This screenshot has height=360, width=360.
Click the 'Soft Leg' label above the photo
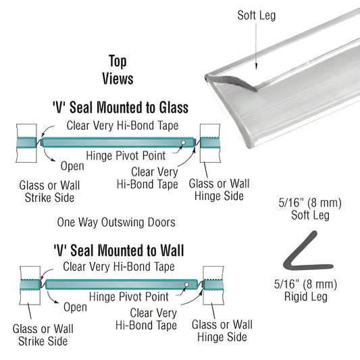pyautogui.click(x=257, y=16)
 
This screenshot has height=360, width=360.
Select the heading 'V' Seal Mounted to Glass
pyautogui.click(x=120, y=108)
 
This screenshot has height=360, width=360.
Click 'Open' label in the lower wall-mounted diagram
pyautogui.click(x=74, y=307)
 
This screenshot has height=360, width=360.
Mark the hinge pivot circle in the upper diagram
pyautogui.click(x=184, y=142)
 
